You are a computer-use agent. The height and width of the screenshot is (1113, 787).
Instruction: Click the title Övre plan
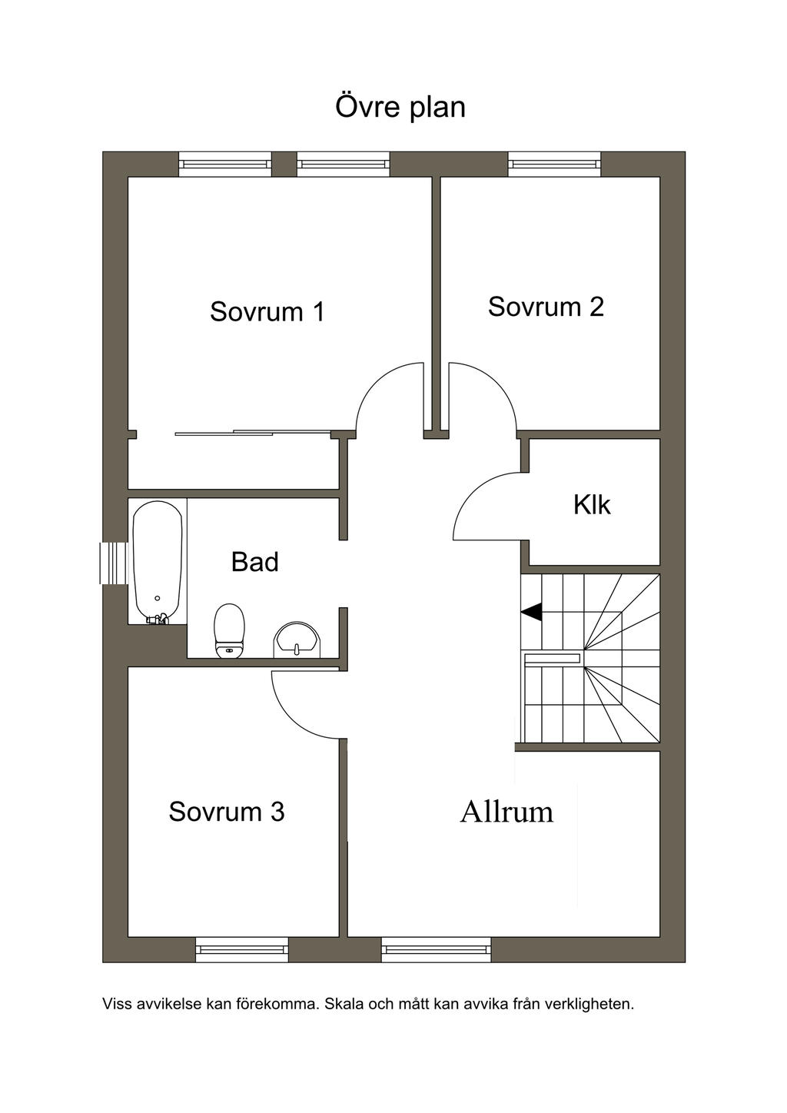click(x=400, y=108)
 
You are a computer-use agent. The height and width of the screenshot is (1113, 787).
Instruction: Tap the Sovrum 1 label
click(x=267, y=311)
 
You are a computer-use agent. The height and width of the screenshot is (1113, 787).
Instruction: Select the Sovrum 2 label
click(x=546, y=307)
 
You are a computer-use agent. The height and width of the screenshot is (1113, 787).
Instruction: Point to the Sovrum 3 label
click(x=227, y=812)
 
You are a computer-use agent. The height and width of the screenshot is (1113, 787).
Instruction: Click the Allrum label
click(x=506, y=812)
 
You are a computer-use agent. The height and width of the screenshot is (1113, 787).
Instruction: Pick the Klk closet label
click(x=592, y=505)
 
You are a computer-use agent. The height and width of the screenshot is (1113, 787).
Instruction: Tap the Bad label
click(x=255, y=562)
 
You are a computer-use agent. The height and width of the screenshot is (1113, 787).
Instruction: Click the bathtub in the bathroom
click(x=158, y=562)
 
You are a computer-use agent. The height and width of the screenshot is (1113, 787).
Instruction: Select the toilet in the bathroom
click(x=230, y=631)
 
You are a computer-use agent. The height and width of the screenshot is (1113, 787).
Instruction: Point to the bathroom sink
click(x=297, y=640)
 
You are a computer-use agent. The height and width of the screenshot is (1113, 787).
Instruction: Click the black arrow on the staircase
click(x=531, y=612)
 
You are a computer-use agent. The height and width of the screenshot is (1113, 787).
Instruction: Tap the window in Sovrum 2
click(x=554, y=164)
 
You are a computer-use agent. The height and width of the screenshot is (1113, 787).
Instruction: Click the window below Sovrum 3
click(x=242, y=949)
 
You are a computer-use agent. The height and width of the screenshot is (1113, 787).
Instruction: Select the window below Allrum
click(x=437, y=949)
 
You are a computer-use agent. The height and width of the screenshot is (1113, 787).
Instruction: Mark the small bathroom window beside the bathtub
click(x=114, y=563)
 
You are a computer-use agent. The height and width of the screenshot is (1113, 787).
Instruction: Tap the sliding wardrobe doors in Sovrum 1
click(x=253, y=433)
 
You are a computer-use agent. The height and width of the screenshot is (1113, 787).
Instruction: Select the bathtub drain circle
click(x=158, y=598)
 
